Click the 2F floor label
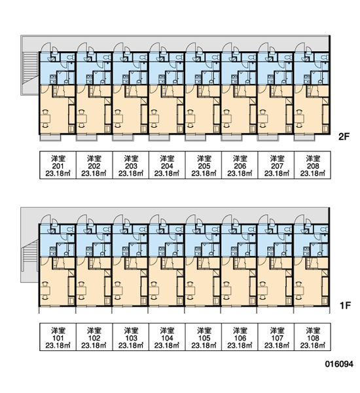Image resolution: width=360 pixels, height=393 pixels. click(x=344, y=137)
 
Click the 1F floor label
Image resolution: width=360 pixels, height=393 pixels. click(x=345, y=305)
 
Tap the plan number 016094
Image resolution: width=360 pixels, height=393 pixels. click(x=339, y=364)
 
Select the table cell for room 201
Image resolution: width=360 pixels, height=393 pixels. click(x=58, y=165)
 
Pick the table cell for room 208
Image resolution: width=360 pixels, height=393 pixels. click(x=312, y=165)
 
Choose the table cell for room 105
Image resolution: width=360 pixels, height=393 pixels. click(x=204, y=337)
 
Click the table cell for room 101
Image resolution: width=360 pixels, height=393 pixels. click(x=58, y=337)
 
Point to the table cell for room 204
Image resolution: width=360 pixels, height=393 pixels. click(x=167, y=165)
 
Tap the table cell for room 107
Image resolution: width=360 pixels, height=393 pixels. click(x=276, y=337)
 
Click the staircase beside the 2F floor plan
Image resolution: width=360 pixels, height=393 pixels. click(x=30, y=67)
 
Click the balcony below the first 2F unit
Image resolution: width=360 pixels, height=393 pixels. click(x=50, y=138)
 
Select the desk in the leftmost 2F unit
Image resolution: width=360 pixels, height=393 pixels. click(x=46, y=119)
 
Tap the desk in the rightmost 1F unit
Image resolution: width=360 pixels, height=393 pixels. click(x=300, y=291)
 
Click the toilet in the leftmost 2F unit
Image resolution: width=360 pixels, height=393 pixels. click(x=71, y=57)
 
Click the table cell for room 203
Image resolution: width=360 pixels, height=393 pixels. click(x=131, y=165)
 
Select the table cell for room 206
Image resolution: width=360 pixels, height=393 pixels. click(x=240, y=165)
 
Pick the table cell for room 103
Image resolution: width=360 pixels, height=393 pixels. click(x=131, y=337)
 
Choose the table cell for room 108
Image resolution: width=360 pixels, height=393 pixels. click(x=312, y=337)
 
